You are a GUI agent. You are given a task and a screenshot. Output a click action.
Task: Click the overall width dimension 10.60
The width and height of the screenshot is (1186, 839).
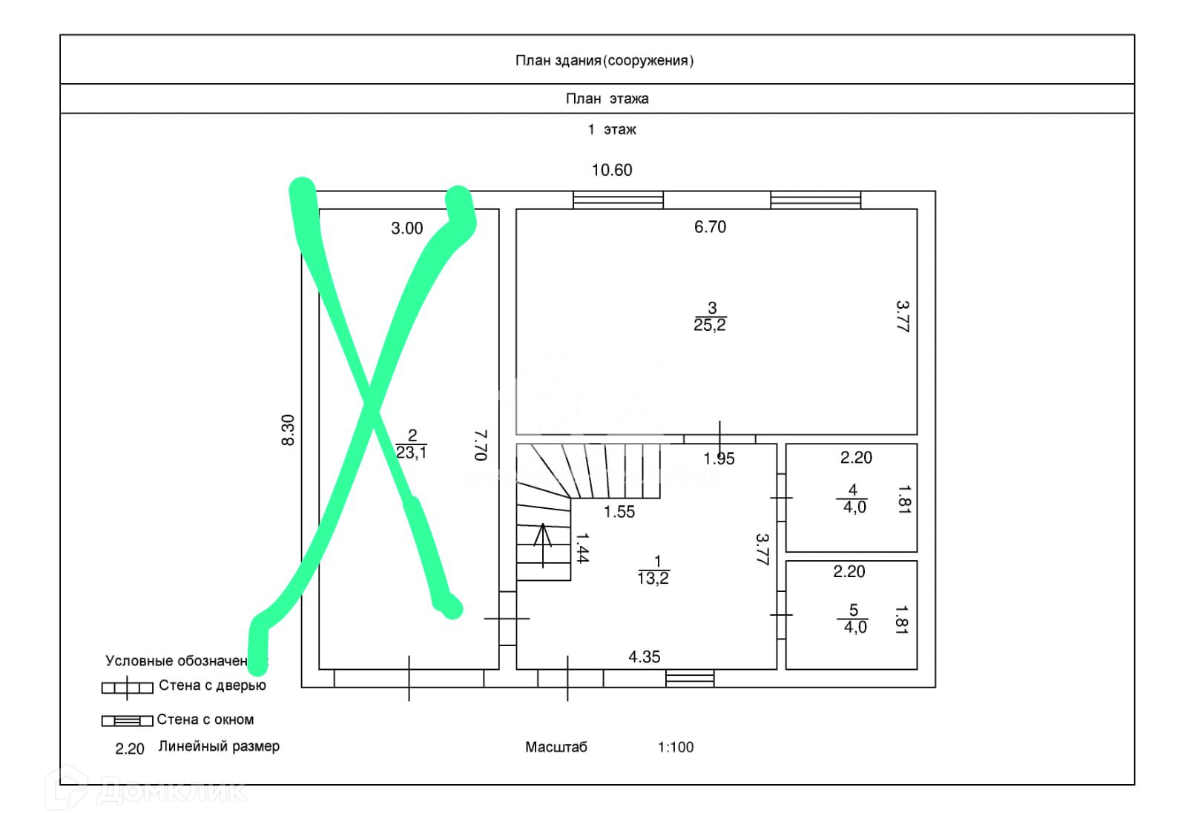(x=611, y=171)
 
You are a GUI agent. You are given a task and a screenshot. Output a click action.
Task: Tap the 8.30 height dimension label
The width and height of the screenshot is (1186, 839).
(x=289, y=430)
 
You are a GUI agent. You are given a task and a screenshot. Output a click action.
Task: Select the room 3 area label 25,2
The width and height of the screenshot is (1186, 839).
(x=710, y=325)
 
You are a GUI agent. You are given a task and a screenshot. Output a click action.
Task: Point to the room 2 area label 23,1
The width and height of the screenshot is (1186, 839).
(x=411, y=452)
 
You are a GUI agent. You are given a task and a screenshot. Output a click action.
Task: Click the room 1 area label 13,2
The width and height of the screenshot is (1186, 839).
(x=653, y=579)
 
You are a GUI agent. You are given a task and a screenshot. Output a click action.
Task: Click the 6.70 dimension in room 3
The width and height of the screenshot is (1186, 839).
(x=710, y=227)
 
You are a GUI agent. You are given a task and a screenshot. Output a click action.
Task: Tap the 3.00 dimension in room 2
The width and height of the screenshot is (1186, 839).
(x=406, y=228)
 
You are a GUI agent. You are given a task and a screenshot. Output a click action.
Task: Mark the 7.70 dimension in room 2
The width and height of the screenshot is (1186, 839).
(x=481, y=444)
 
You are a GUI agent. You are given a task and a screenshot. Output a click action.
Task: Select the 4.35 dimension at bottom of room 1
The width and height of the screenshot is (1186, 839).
(x=644, y=657)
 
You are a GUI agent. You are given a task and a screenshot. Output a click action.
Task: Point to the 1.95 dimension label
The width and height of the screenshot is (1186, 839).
(x=719, y=459)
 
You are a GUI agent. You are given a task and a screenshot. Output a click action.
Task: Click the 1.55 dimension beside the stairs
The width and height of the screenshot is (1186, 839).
(x=619, y=512)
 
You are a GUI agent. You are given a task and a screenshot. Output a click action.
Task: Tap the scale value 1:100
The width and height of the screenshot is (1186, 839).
(x=675, y=748)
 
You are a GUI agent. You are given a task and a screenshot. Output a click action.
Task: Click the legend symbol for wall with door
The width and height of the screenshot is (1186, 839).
(x=127, y=688)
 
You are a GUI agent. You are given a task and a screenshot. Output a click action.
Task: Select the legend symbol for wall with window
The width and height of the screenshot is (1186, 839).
(x=127, y=720)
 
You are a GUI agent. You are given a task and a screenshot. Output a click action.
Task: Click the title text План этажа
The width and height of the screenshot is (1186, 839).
(x=607, y=99)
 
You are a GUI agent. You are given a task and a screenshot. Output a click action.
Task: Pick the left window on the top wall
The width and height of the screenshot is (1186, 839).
(x=618, y=200)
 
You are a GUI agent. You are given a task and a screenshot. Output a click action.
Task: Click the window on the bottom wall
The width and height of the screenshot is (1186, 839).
(x=689, y=678)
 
